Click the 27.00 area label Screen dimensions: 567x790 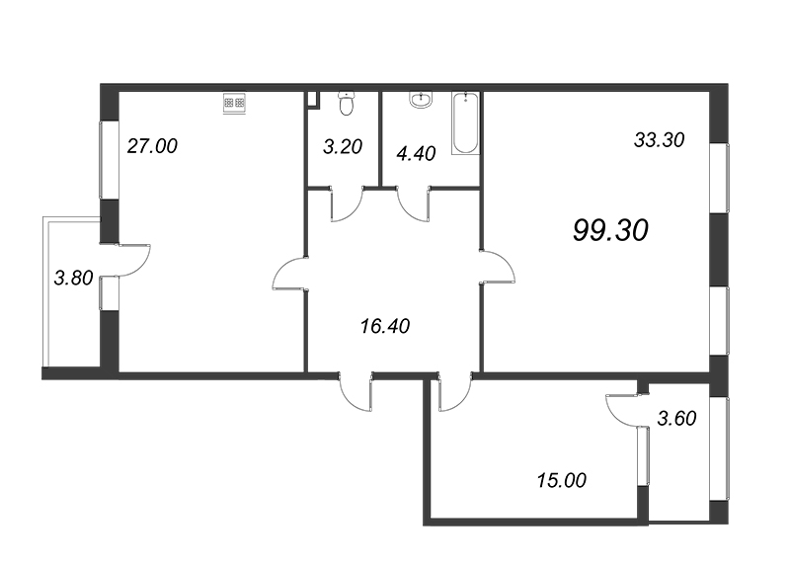pyautogui.click(x=152, y=146)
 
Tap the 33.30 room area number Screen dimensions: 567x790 pyautogui.click(x=659, y=140)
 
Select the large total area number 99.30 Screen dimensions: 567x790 pyautogui.click(x=609, y=230)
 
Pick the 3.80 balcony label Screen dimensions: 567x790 pyautogui.click(x=74, y=278)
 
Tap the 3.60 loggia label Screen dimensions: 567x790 pyautogui.click(x=676, y=418)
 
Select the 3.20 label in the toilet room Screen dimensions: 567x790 pyautogui.click(x=343, y=147)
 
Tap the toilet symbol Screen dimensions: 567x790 pyautogui.click(x=346, y=102)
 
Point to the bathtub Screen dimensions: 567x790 pyautogui.click(x=465, y=123)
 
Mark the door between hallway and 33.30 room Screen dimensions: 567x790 pyautogui.click(x=498, y=268)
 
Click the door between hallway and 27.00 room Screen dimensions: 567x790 pyautogui.click(x=289, y=274)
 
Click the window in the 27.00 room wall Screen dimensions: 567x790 pyautogui.click(x=109, y=158)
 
